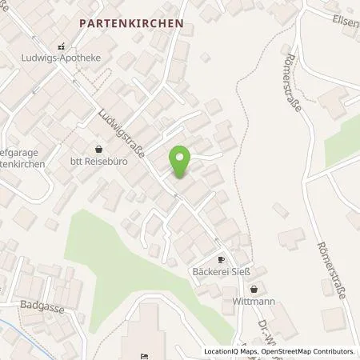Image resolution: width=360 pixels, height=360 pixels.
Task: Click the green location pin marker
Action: [x=180, y=162]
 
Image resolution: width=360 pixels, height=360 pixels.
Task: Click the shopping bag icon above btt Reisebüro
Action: [x=98, y=149]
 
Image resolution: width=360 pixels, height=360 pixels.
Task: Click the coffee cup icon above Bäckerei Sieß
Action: [x=222, y=261]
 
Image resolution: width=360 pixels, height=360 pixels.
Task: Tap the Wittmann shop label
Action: [x=254, y=302]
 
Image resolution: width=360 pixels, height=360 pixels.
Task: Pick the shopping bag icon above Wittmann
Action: [x=254, y=290]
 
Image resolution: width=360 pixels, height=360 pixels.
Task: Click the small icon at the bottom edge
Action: [x=143, y=356]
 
